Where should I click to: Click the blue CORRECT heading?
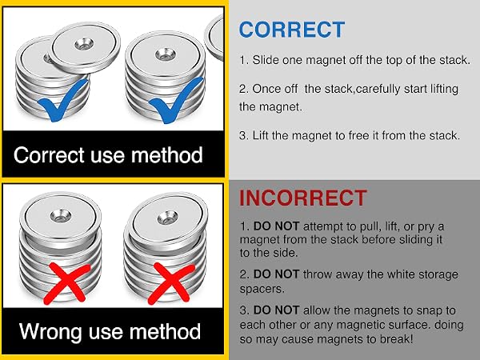click(x=292, y=30)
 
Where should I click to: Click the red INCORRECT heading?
click(x=303, y=198)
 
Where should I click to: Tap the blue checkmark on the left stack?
click(x=62, y=100)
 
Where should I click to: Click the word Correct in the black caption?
click(x=49, y=154)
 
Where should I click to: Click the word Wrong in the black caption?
click(x=50, y=331)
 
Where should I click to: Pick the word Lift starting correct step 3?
click(x=260, y=135)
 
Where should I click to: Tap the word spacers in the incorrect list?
click(x=262, y=289)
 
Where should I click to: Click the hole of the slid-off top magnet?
click(x=84, y=44)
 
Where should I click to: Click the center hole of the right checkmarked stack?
click(x=166, y=54)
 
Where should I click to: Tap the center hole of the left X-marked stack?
click(x=61, y=215)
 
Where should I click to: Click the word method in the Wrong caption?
click(x=165, y=331)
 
